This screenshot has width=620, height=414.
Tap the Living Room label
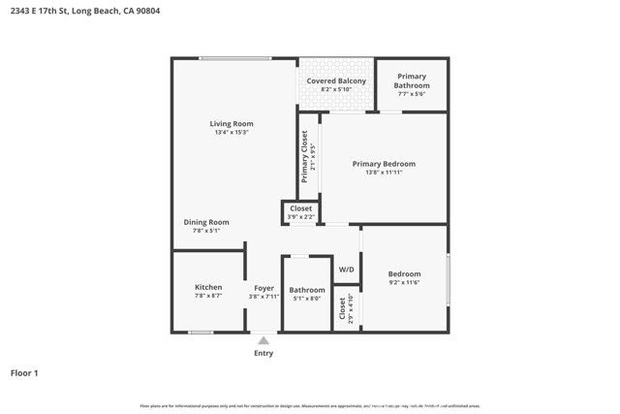coord(232,123)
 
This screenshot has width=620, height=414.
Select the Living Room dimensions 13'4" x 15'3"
coord(232,133)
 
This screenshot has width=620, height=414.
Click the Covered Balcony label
coord(336,80)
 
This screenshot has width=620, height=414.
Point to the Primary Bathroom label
coord(411,80)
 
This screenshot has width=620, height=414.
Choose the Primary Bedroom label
coord(384,164)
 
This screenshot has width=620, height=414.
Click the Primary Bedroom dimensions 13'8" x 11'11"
coord(384,173)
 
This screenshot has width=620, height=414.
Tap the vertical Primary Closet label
coord(304,157)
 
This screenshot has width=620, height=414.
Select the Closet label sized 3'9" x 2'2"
coord(301,208)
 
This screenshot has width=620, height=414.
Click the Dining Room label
coord(206,222)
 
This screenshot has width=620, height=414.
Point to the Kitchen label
coord(208,287)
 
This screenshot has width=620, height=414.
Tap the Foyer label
coord(263,288)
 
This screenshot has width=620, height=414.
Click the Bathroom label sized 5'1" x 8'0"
coord(307,290)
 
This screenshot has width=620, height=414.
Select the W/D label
coord(346,270)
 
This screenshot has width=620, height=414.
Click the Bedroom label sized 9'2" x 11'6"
coord(404,274)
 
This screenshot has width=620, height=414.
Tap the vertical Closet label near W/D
coord(342,308)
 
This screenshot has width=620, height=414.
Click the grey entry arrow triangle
coord(263,340)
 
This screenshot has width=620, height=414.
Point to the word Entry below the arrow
coord(263,353)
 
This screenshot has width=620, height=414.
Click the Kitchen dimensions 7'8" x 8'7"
coord(208,296)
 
